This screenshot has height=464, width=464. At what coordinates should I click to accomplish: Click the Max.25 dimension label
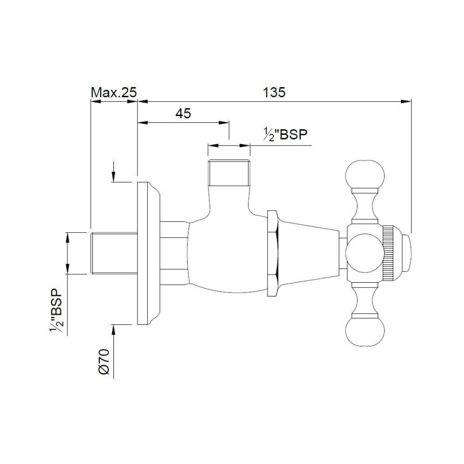pos(113,92)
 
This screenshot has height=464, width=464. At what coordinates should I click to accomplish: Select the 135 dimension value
pos(274,92)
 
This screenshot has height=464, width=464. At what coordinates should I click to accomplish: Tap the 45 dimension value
pos(183,113)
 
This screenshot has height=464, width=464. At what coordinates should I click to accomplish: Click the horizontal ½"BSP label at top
pos(286,134)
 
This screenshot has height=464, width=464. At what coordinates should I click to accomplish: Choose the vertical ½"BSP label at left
pos(56,311)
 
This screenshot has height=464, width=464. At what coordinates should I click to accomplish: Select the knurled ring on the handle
pos(388,253)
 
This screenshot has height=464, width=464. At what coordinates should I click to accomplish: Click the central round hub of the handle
pos(363,253)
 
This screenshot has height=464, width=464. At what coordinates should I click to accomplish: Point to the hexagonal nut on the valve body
pos(272,253)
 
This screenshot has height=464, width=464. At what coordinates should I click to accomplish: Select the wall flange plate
pos(143,253)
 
